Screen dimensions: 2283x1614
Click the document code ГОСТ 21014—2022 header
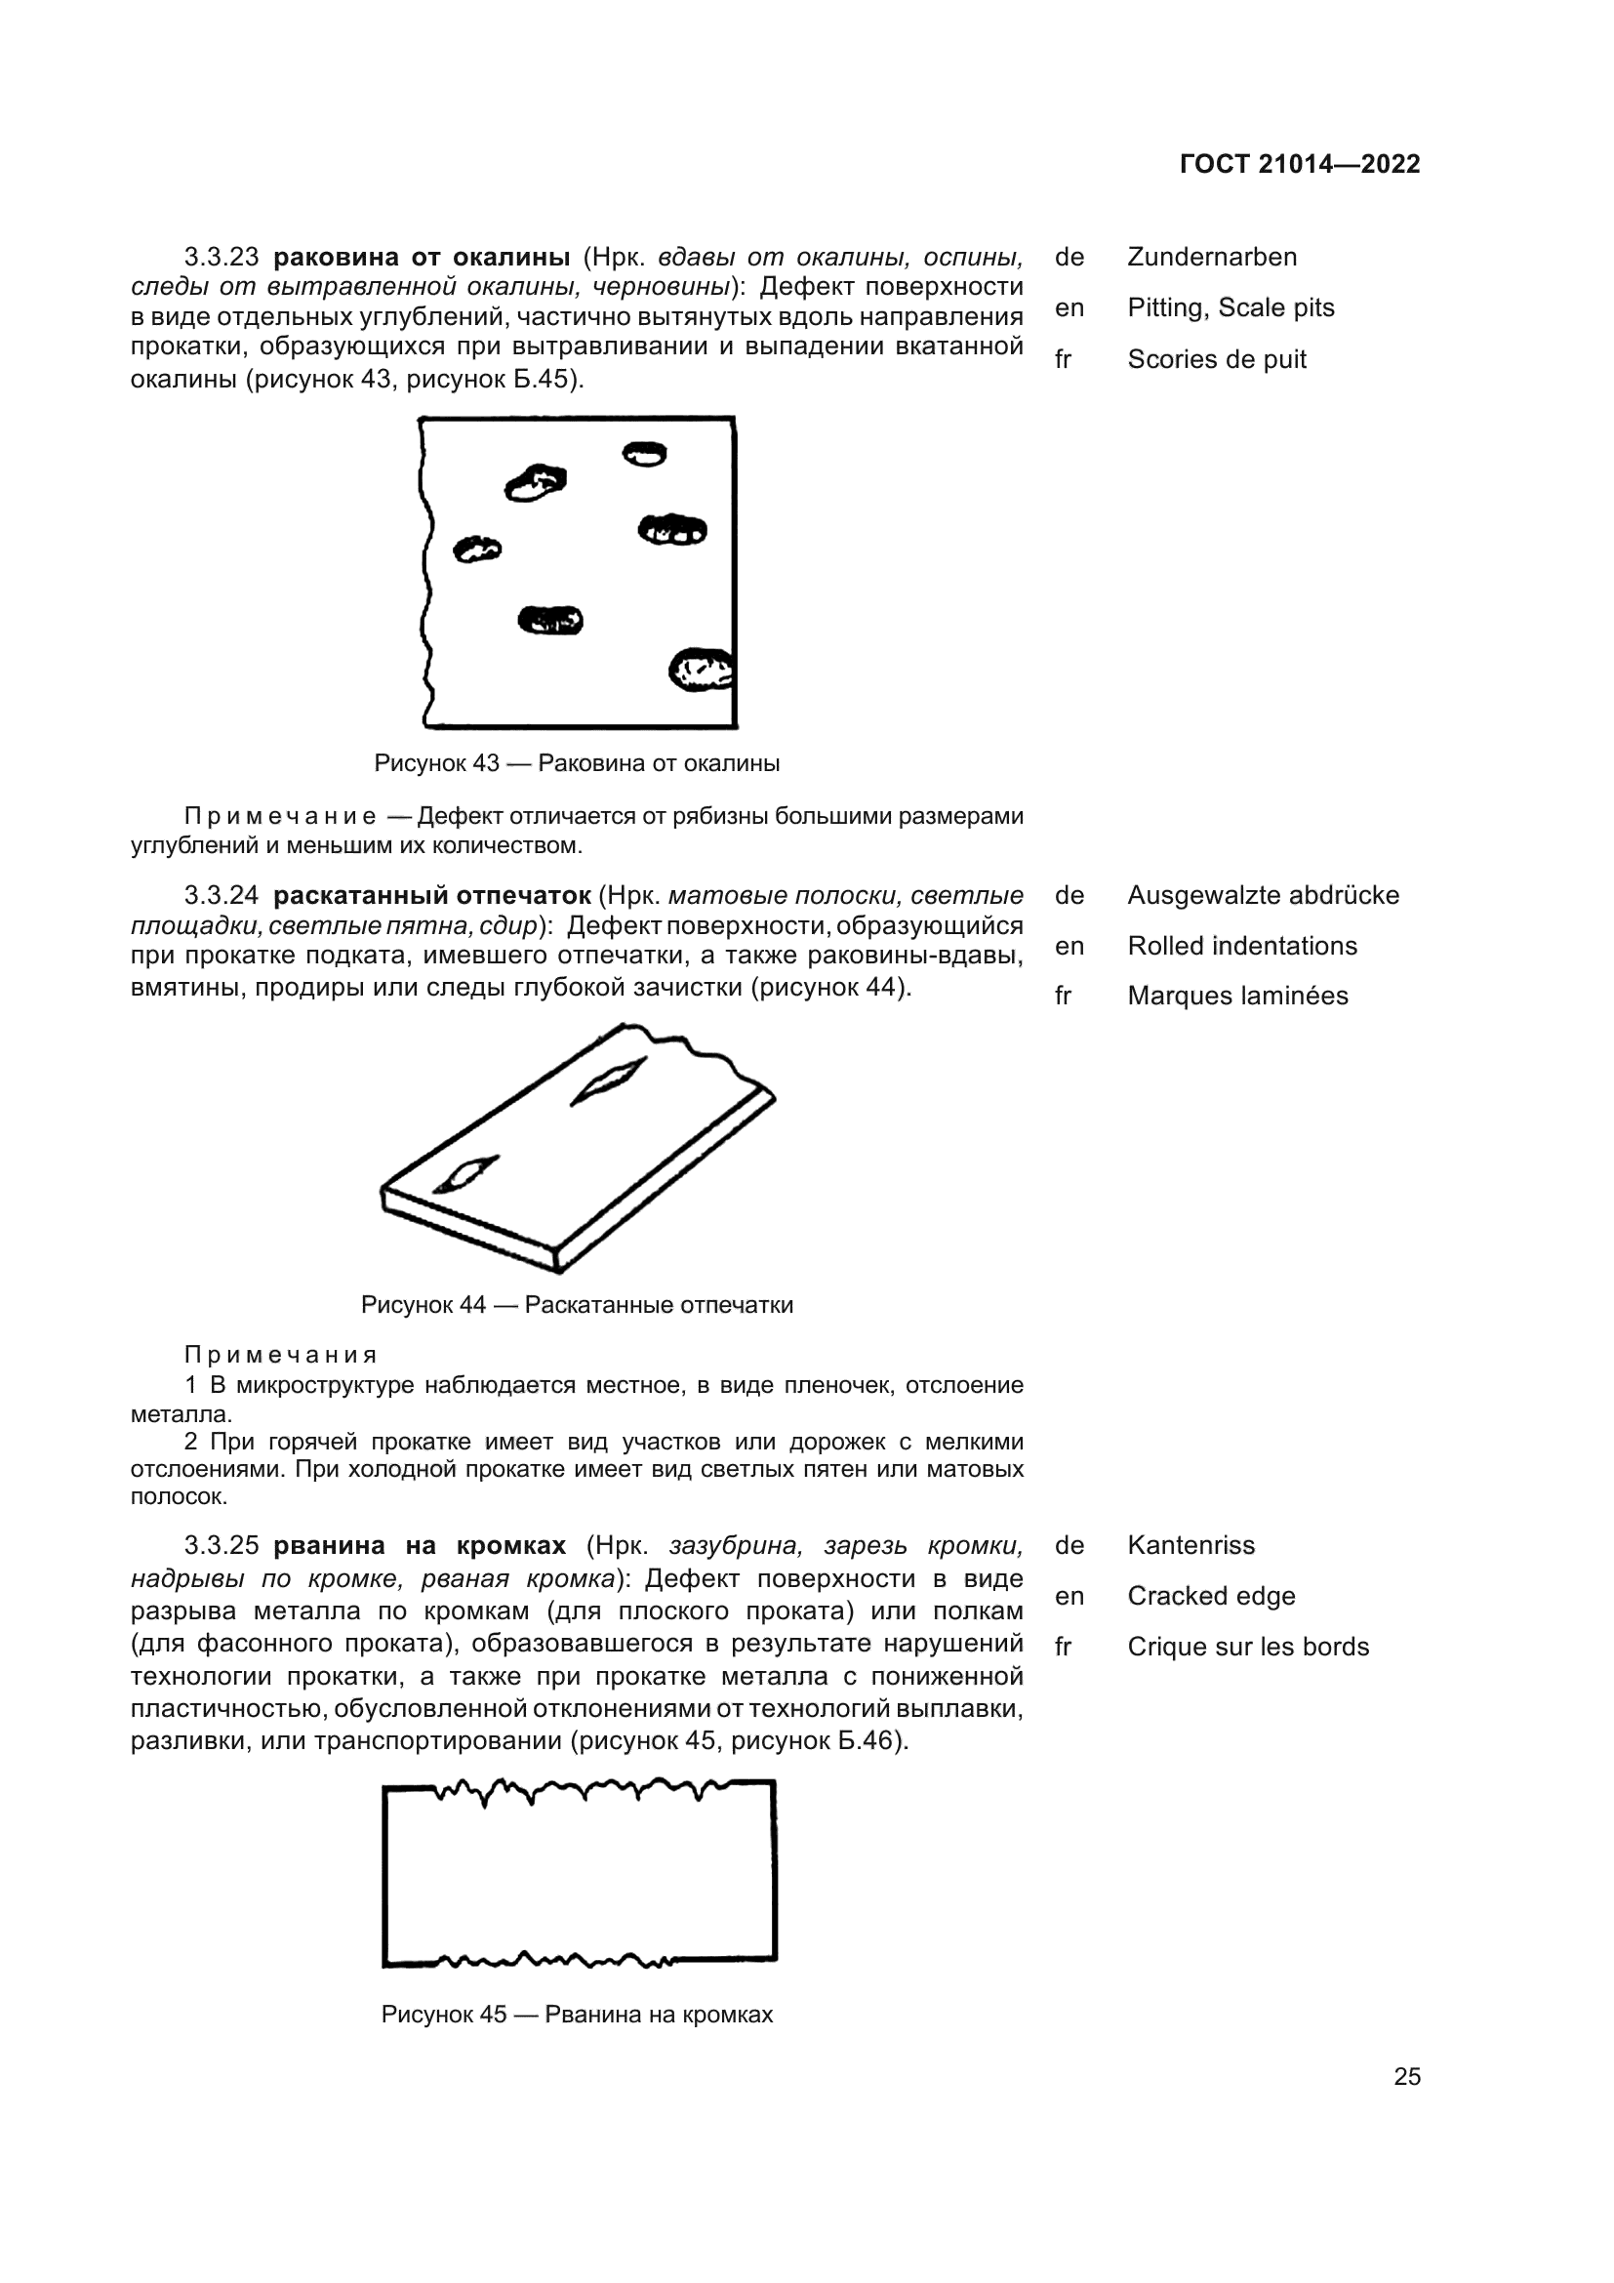tap(1299, 164)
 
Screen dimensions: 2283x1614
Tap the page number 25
tap(1406, 2076)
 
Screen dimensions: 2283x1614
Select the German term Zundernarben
tap(1212, 257)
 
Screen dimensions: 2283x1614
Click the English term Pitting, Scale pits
tap(1231, 308)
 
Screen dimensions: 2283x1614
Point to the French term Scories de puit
tap(1217, 359)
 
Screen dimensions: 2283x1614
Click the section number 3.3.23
tap(221, 257)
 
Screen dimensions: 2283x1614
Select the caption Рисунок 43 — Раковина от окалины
tap(577, 763)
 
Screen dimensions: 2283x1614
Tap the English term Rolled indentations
tap(1241, 946)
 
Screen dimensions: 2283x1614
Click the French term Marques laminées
tap(1237, 997)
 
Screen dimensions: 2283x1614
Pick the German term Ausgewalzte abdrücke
tap(1262, 895)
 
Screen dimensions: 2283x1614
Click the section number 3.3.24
tap(221, 896)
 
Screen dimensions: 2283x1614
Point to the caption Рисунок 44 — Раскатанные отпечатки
tap(577, 1305)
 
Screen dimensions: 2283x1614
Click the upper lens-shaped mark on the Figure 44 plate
tap(608, 1080)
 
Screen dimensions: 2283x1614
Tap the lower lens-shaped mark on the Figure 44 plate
tap(465, 1174)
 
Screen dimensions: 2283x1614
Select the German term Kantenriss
tap(1190, 1545)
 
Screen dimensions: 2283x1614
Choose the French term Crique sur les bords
tap(1247, 1647)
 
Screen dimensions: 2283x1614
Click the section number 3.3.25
tap(221, 1546)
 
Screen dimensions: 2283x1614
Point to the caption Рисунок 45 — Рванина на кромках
tap(577, 2015)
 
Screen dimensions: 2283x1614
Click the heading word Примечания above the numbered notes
tap(280, 1356)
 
